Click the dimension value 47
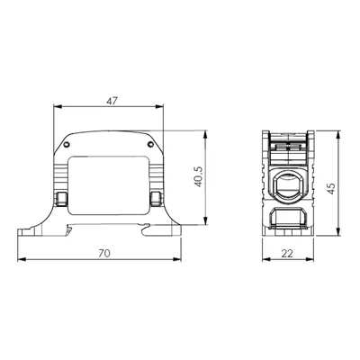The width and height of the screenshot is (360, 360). (x=112, y=101)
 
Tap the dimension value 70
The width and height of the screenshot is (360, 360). (x=104, y=254)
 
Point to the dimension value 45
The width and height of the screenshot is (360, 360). (x=331, y=188)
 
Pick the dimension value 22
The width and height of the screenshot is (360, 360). (x=287, y=254)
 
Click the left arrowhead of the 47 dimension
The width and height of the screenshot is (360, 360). (x=58, y=106)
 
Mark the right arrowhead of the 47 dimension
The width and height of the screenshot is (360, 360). (x=159, y=106)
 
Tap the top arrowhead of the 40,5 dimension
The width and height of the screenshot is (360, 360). (x=205, y=134)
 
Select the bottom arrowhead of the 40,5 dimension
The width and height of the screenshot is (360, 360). (x=205, y=220)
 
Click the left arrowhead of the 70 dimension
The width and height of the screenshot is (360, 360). (x=22, y=259)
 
